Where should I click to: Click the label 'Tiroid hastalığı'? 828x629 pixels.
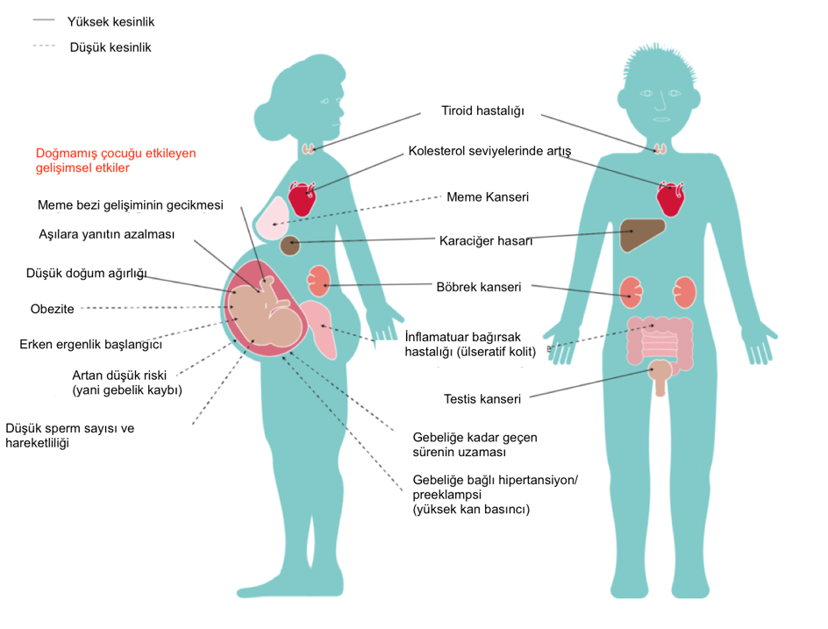coord(482,111)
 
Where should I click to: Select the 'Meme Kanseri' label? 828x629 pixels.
coord(488,197)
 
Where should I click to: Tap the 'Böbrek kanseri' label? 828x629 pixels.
coord(478,287)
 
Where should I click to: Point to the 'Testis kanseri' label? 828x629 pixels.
coord(482,399)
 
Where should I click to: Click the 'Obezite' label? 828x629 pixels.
coord(53,309)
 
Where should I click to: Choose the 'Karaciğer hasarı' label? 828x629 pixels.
coord(486,241)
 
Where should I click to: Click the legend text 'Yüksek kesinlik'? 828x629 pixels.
coord(111,22)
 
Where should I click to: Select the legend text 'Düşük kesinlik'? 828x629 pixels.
coord(111,47)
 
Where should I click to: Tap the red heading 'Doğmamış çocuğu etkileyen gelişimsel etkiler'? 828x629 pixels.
coord(116,161)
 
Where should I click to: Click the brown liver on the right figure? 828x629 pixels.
coord(640,234)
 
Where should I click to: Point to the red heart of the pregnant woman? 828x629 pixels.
coord(302,198)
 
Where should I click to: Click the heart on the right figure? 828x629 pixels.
coord(670,198)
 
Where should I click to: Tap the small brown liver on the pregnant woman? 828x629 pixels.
coord(289,246)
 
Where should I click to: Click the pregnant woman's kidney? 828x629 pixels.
coord(319,281)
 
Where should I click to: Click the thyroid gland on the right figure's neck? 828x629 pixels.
coord(660,148)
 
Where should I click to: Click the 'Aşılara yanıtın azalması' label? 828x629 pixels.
coord(107,234)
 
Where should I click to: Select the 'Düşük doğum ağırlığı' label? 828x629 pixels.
coord(87,274)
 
